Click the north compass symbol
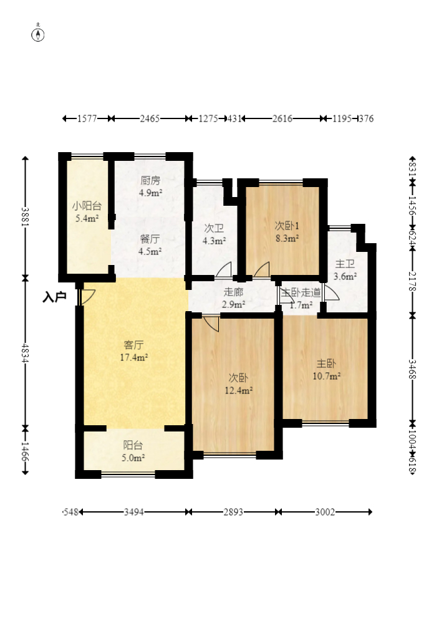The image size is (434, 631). coord(39,34)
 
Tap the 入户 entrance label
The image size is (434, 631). coord(54,297)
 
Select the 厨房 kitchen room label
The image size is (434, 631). coord(150,181)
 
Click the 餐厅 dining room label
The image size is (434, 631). coord(150,239)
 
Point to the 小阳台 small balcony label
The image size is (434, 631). coord(87,206)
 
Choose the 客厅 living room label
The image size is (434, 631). coord(134,345)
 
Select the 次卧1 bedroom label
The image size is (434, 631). coord(287,224)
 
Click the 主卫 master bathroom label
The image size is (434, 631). coord(345,264)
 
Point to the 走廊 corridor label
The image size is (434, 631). coord(233,292)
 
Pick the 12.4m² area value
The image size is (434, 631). coord(239,390)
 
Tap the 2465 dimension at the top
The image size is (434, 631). coord(150,118)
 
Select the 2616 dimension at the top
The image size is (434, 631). coord(282,118)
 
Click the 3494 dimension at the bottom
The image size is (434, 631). coord(134,512)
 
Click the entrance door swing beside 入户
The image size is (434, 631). coord(87,296)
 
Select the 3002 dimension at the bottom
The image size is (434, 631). coord(325,512)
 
